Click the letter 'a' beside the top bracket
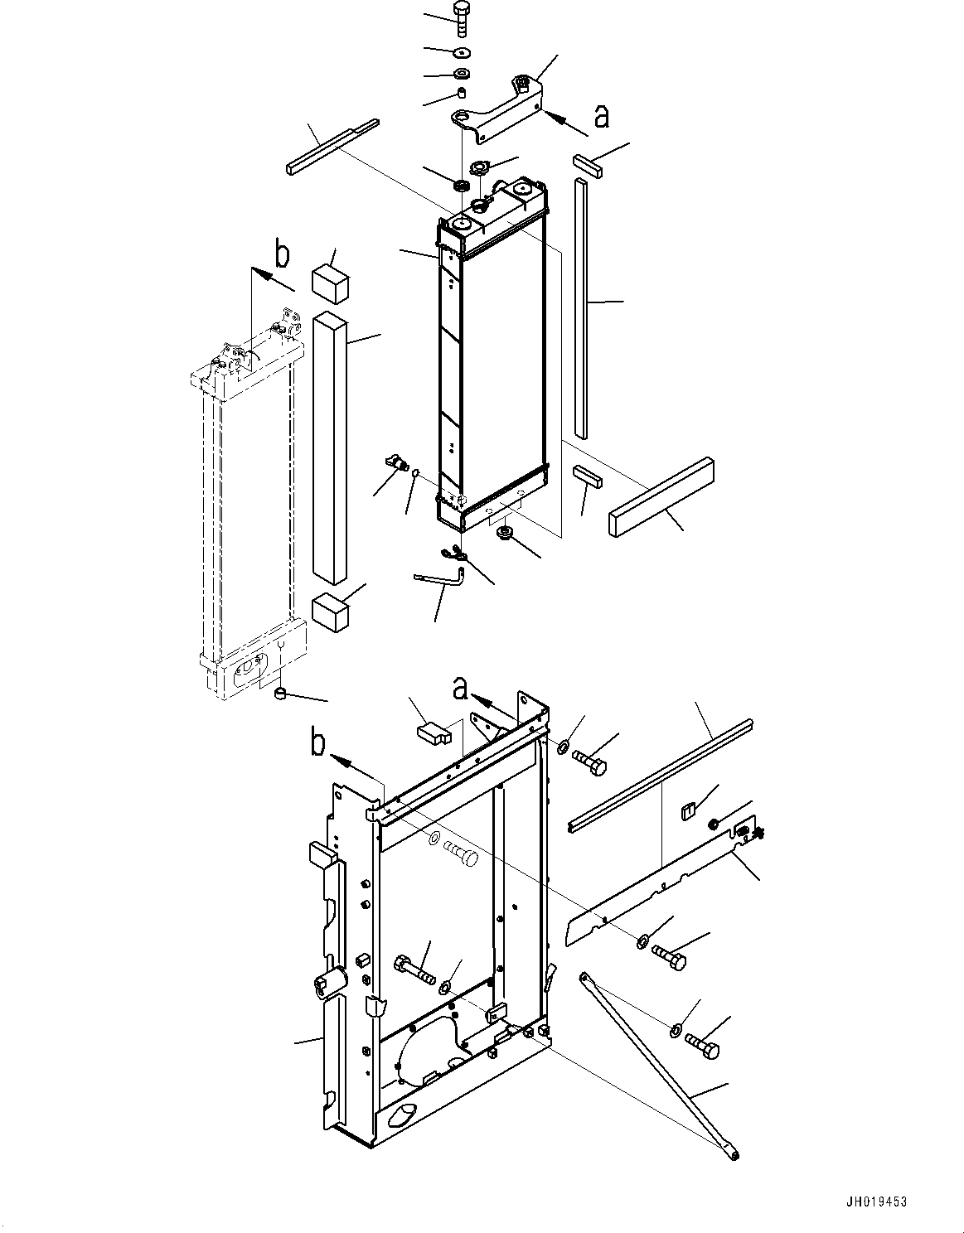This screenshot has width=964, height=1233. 601,117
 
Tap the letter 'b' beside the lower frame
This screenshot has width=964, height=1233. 318,743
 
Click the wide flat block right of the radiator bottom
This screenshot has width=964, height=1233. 661,499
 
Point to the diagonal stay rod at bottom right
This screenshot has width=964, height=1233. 659,1065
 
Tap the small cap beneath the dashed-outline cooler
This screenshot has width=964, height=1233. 281,694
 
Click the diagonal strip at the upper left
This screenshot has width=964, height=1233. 332,147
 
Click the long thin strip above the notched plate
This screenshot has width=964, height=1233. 661,774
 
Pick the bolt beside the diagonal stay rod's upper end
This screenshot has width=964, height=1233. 703,1048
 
